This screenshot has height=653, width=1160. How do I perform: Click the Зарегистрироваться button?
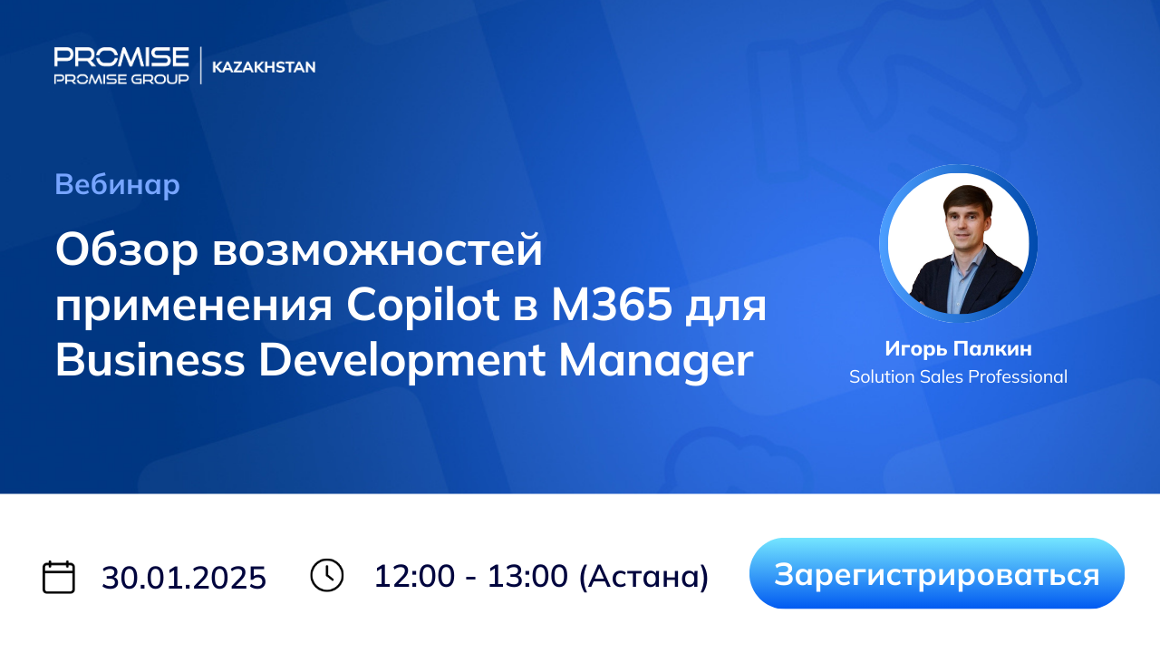pyautogui.click(x=937, y=573)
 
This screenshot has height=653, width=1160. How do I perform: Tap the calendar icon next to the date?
pyautogui.click(x=59, y=576)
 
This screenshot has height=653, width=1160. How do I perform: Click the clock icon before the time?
pyautogui.click(x=327, y=575)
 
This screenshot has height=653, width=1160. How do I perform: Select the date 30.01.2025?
pyautogui.click(x=184, y=578)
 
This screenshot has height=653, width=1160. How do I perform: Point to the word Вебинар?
pyautogui.click(x=117, y=184)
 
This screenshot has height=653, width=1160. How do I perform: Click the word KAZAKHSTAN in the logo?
pyautogui.click(x=264, y=67)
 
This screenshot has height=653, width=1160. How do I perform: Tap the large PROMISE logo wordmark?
pyautogui.click(x=121, y=56)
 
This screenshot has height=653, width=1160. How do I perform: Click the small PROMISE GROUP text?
pyautogui.click(x=121, y=79)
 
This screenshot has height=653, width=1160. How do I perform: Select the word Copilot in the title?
pyautogui.click(x=422, y=306)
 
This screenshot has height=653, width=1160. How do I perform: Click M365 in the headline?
pyautogui.click(x=612, y=305)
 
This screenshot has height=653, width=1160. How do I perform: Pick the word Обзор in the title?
pyautogui.click(x=126, y=249)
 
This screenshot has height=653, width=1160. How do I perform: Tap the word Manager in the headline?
pyautogui.click(x=655, y=361)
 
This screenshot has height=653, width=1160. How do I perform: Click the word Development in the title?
pyautogui.click(x=401, y=361)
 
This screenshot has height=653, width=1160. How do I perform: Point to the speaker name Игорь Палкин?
pyautogui.click(x=958, y=349)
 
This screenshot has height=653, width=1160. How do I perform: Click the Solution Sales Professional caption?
pyautogui.click(x=958, y=376)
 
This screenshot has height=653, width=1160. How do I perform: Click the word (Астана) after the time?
pyautogui.click(x=643, y=576)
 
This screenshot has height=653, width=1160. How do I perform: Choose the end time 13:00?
pyautogui.click(x=527, y=576)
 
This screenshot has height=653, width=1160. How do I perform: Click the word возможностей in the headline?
pyautogui.click(x=378, y=249)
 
